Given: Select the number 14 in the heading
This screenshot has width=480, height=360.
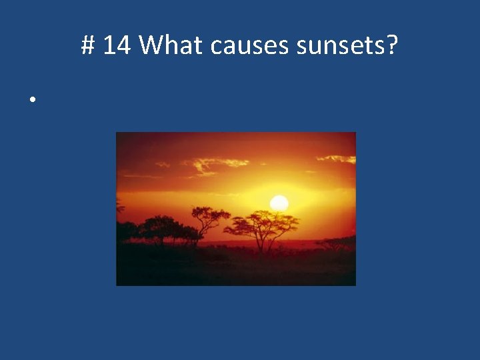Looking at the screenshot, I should click(x=117, y=46).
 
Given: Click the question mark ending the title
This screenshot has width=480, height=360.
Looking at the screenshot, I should click(x=392, y=46).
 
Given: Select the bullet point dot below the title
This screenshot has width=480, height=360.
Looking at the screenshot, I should click(x=31, y=100).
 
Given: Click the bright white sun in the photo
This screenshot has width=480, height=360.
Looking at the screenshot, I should click(x=279, y=203).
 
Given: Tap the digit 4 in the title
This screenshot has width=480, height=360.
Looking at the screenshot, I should click(x=123, y=46).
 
